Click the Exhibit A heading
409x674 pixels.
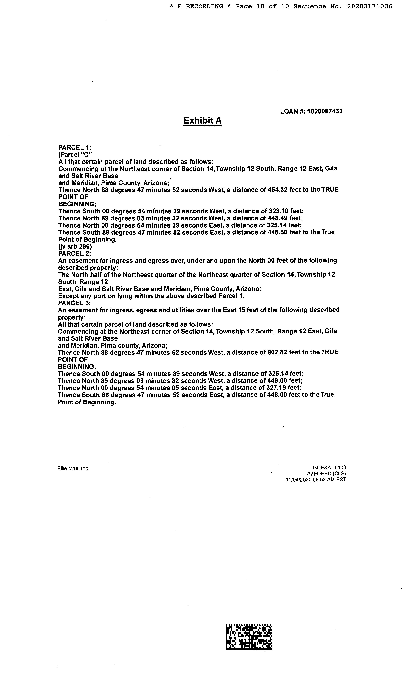click(202, 121)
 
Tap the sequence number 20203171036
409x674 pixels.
click(370, 6)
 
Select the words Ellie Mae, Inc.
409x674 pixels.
click(73, 469)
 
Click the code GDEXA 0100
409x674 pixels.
click(329, 468)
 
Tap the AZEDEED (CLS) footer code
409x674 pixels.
click(326, 474)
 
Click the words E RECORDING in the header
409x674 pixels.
click(200, 6)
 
